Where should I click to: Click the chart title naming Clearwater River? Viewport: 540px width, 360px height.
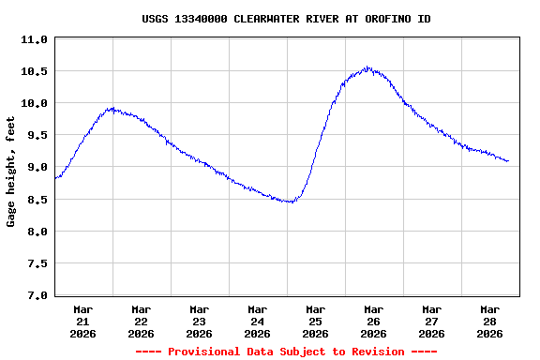(x=286, y=19)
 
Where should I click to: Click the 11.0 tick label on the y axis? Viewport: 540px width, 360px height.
(x=34, y=39)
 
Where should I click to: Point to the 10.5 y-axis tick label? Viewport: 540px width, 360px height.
(x=34, y=71)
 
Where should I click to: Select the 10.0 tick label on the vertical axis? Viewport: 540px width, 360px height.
(x=34, y=103)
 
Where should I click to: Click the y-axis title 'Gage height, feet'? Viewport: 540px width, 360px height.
(x=11, y=172)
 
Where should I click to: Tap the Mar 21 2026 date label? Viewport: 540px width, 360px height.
(x=83, y=321)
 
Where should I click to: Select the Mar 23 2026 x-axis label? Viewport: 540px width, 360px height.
(x=200, y=321)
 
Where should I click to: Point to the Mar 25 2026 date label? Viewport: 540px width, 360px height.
(x=316, y=321)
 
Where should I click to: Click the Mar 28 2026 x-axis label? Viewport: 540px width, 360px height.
(x=490, y=321)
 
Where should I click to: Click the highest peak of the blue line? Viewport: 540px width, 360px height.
(x=368, y=67)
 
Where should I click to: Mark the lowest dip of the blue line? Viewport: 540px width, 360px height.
(x=292, y=202)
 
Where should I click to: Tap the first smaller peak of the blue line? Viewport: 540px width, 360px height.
(x=112, y=109)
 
